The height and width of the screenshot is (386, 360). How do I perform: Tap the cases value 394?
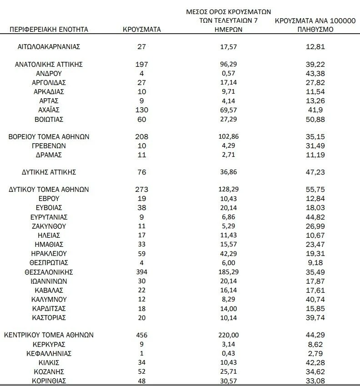pos(142,272)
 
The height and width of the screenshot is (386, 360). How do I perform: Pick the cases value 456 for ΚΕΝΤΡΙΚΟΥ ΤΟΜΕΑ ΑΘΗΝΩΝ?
pos(142,335)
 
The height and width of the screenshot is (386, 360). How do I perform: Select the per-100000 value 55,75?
pos(315,190)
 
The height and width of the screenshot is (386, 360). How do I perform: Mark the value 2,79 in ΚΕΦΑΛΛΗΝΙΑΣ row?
pos(315,353)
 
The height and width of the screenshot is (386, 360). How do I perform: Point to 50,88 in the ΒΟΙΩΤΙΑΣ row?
pos(315,120)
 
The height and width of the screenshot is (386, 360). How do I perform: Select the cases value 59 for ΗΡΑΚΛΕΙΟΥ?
pos(142,253)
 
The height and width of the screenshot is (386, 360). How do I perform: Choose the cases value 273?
pos(142,190)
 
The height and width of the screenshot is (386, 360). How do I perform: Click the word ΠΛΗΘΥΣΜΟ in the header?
pos(315,30)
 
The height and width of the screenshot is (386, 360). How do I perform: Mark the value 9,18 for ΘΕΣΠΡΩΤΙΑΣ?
pos(315,262)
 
